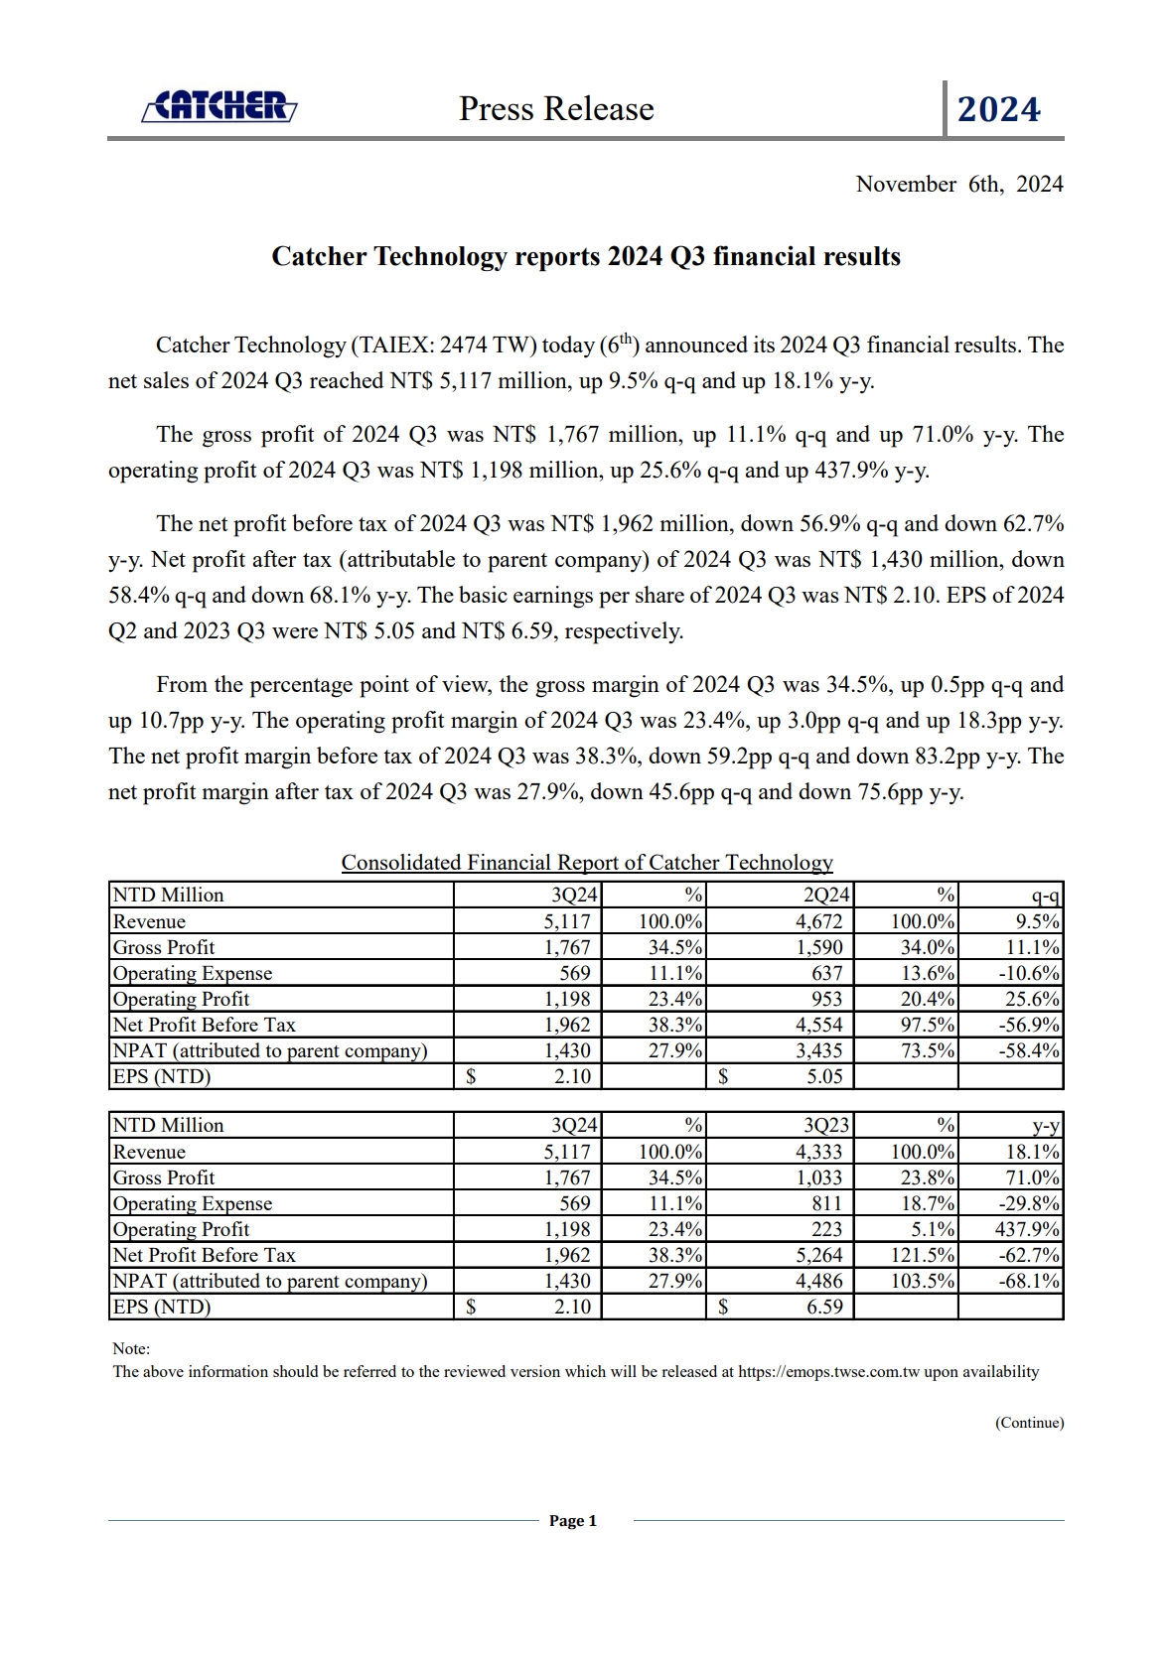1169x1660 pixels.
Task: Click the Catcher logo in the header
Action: tap(219, 107)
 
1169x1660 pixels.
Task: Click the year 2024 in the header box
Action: tap(998, 109)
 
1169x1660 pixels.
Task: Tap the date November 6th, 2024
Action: tap(958, 185)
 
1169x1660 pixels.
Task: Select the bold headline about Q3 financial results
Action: tap(586, 257)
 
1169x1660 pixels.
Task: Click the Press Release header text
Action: tap(556, 109)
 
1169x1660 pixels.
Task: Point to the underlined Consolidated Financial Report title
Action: tap(587, 863)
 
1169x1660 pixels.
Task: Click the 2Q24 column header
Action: tap(825, 895)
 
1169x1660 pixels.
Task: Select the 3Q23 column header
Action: tap(825, 1125)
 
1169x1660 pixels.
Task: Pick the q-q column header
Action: tap(1046, 895)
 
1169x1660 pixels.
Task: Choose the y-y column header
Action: tap(1046, 1125)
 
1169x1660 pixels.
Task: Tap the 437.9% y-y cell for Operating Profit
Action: tap(1029, 1229)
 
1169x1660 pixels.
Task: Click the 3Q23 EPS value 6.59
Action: tap(824, 1307)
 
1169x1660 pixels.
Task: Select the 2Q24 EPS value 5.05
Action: tap(824, 1076)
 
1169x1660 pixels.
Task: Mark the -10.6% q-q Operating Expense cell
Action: tap(1029, 973)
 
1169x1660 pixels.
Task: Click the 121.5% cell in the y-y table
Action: tap(923, 1255)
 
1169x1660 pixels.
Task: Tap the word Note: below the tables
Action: tap(131, 1348)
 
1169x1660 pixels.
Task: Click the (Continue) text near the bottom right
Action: tap(1029, 1423)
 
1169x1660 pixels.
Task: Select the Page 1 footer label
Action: tap(573, 1521)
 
